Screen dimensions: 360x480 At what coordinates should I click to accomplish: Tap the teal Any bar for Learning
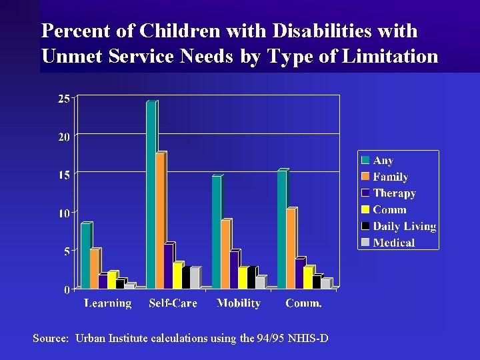pyautogui.click(x=85, y=256)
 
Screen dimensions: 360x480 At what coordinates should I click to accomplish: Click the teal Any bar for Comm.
pyautogui.click(x=281, y=230)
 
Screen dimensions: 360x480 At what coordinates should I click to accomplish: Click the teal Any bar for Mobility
pyautogui.click(x=216, y=233)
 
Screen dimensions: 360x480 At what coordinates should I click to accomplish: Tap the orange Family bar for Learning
pyautogui.click(x=94, y=269)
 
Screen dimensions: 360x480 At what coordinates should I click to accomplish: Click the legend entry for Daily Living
pyautogui.click(x=403, y=227)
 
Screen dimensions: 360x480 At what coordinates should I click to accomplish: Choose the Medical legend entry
pyautogui.click(x=393, y=243)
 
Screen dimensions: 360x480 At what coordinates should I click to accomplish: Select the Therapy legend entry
pyautogui.click(x=394, y=193)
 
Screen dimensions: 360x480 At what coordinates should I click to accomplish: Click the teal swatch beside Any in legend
pyautogui.click(x=365, y=161)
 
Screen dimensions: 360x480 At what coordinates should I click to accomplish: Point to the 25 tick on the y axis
pyautogui.click(x=64, y=99)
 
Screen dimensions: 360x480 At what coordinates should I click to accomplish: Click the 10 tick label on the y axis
pyautogui.click(x=64, y=213)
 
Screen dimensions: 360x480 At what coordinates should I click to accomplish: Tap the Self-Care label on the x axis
pyautogui.click(x=173, y=303)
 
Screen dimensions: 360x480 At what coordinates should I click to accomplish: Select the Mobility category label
pyautogui.click(x=239, y=303)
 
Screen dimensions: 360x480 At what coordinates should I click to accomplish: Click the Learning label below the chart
pyautogui.click(x=108, y=303)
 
